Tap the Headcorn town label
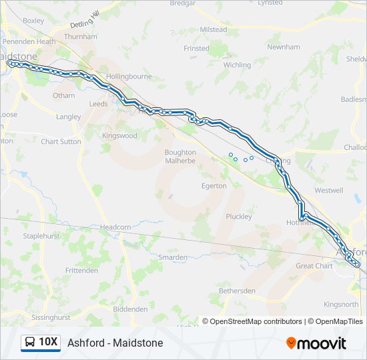pyautogui.click(x=115, y=227)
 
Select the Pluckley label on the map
pyautogui.click(x=238, y=217)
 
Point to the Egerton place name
pyautogui.click(x=214, y=186)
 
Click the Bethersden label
pyautogui.click(x=237, y=291)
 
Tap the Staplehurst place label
pyautogui.click(x=42, y=236)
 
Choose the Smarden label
pyautogui.click(x=172, y=257)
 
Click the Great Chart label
pyautogui.click(x=314, y=266)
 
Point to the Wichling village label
pyautogui.click(x=237, y=65)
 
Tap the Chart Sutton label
pyautogui.click(x=61, y=141)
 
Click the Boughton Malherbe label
pyautogui.click(x=180, y=156)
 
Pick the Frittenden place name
pyautogui.click(x=81, y=270)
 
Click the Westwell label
pyautogui.click(x=328, y=190)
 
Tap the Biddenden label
pyautogui.click(x=130, y=309)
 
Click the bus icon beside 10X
pyautogui.click(x=30, y=343)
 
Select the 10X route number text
pyautogui.click(x=48, y=343)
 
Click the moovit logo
pyautogui.click(x=316, y=343)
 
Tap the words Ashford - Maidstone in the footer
pyautogui.click(x=115, y=343)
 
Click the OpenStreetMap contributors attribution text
pyautogui.click(x=256, y=321)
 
